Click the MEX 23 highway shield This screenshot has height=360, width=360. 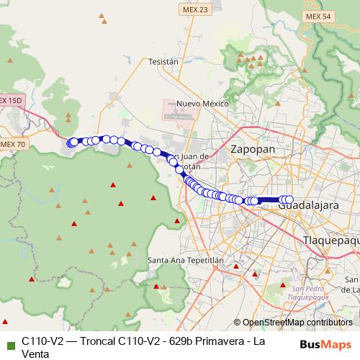click(x=193, y=9)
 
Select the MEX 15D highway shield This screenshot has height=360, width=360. click(x=12, y=99)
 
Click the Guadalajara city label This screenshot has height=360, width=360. click(x=308, y=206)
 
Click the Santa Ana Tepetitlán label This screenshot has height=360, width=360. click(x=186, y=260)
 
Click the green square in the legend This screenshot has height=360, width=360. click(x=9, y=341)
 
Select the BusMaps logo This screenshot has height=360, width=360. click(x=325, y=344)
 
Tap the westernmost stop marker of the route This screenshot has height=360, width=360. click(x=70, y=144)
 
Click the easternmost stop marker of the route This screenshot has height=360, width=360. click(x=289, y=199)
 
